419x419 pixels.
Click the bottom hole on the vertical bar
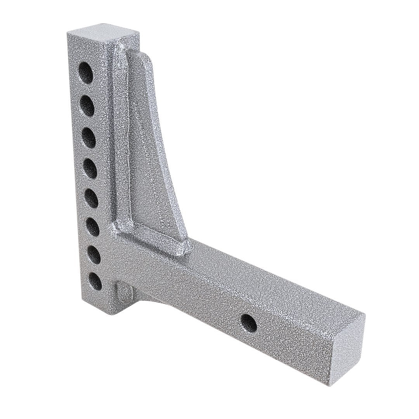(x=95, y=282)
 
